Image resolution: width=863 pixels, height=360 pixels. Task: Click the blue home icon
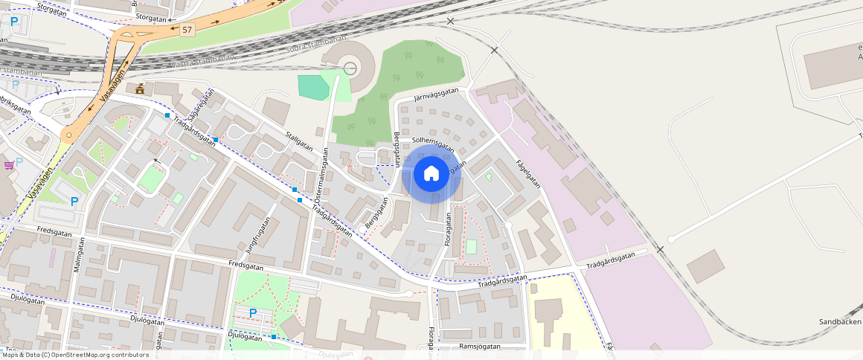coord(431,174)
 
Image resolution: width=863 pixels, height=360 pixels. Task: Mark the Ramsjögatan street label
coord(481,347)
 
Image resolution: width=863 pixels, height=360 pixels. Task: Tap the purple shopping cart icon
coord(8,164)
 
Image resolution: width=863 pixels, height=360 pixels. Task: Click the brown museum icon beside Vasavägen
coord(139,89)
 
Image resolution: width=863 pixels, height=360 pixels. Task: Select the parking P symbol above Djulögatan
coord(253,313)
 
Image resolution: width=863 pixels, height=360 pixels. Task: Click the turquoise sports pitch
coord(313,87)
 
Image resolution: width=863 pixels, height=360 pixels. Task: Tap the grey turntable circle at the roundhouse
coord(350,69)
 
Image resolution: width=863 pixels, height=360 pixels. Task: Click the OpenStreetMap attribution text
coord(74,355)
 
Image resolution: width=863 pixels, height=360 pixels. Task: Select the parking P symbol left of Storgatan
coord(14,22)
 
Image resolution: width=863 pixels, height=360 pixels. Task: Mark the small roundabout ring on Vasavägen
coord(68,135)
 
